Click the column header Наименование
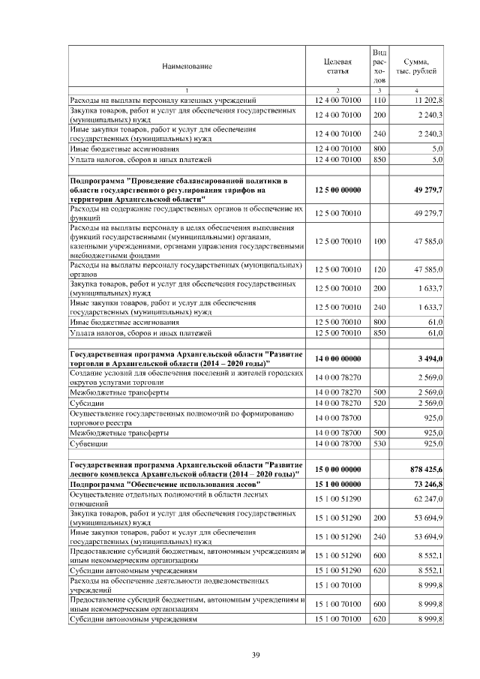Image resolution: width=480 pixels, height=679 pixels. pyautogui.click(x=187, y=67)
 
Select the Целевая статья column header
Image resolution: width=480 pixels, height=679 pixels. pyautogui.click(x=337, y=67)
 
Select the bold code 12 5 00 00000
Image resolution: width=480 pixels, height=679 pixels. pyautogui.click(x=337, y=191)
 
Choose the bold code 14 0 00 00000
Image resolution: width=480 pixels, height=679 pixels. pyautogui.click(x=337, y=359)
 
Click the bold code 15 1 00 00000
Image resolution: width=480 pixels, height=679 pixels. pyautogui.click(x=337, y=484)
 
